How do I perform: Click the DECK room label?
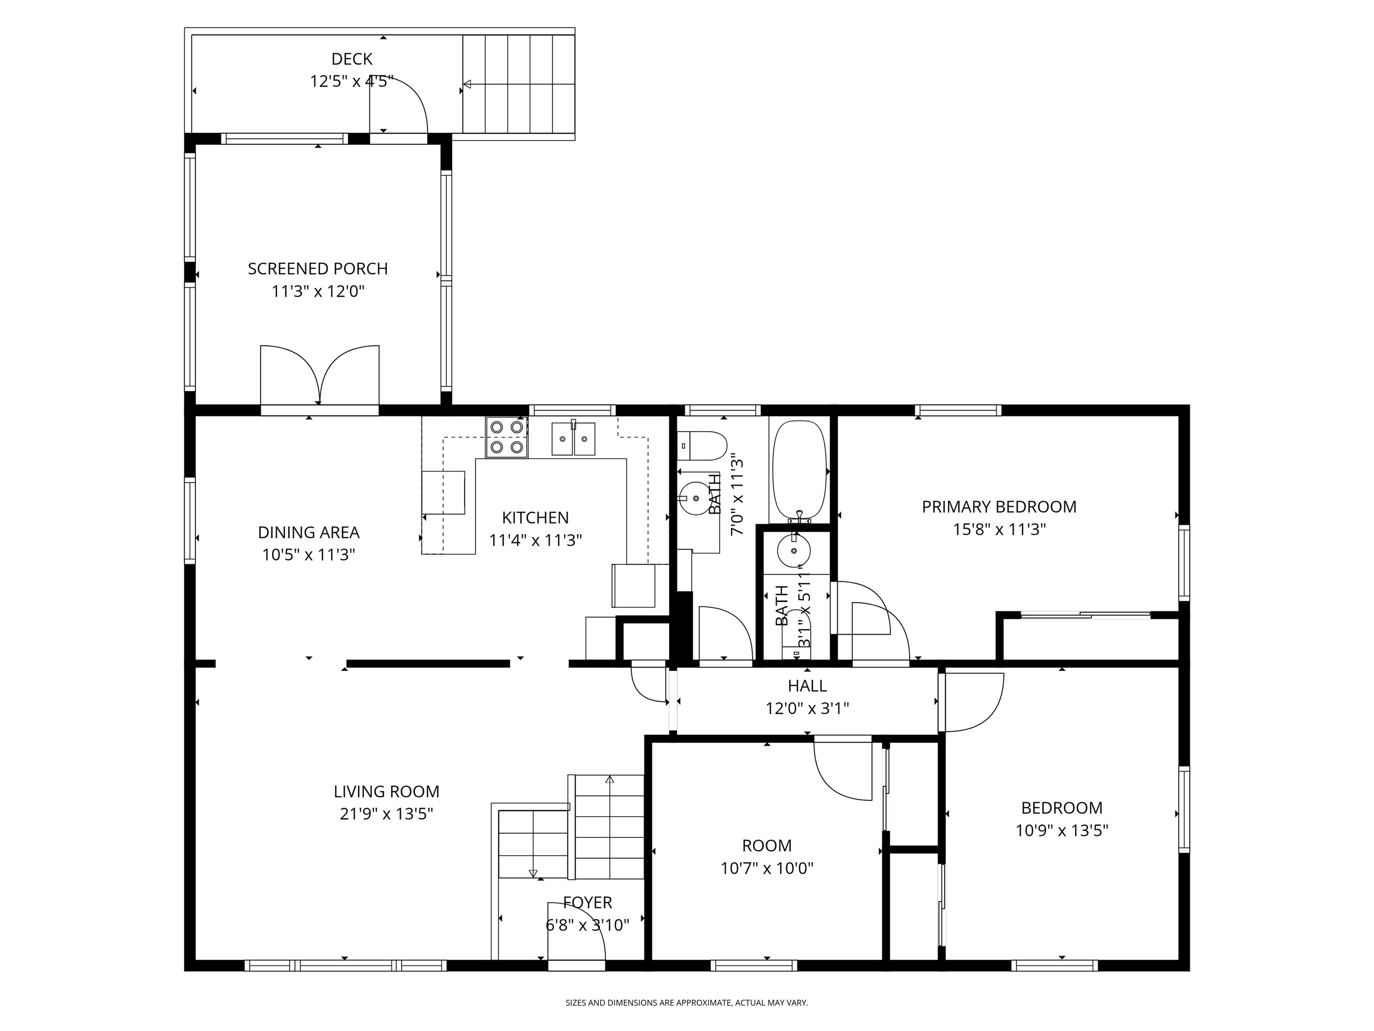coord(352,59)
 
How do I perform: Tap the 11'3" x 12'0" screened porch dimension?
coord(318,291)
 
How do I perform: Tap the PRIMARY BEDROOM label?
coord(998,507)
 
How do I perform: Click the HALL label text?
coord(807,686)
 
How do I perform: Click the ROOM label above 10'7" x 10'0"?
coord(767,846)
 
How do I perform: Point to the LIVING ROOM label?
coord(386,792)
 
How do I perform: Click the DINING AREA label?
coord(309,533)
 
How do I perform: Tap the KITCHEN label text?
coord(535,518)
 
